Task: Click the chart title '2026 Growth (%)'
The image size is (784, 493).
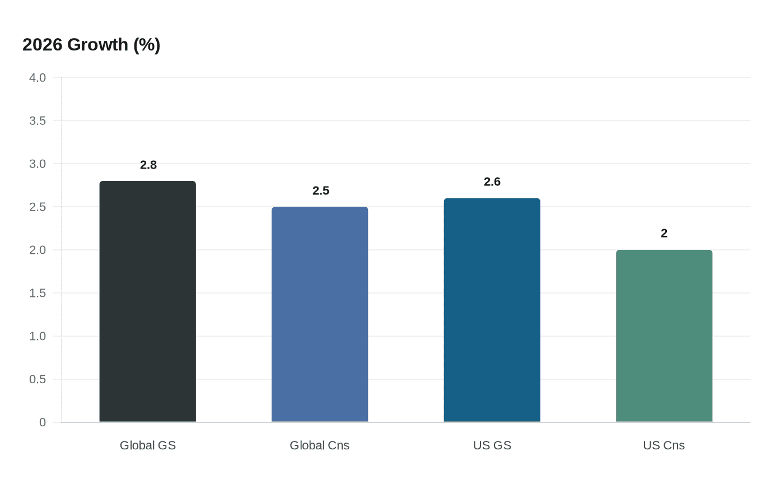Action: tap(91, 45)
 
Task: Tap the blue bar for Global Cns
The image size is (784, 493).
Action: tap(320, 314)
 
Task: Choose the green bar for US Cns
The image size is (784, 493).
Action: tap(664, 336)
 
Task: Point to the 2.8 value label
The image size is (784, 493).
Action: tap(148, 165)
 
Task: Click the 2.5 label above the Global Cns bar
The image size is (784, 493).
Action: tap(321, 191)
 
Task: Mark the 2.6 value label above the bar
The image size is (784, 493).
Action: tap(492, 182)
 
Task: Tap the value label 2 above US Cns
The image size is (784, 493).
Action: tap(664, 234)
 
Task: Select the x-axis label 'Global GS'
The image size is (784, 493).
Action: tap(148, 445)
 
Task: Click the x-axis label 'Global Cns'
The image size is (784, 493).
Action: tap(320, 445)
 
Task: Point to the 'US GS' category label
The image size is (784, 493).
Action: tap(492, 445)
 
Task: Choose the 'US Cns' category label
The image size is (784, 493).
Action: tap(664, 445)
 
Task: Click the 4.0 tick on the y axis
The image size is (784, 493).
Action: tap(38, 78)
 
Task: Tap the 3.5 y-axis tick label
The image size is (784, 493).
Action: tap(38, 121)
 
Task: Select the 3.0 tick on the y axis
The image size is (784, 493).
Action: tap(38, 164)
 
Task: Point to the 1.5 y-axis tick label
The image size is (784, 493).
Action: tap(38, 294)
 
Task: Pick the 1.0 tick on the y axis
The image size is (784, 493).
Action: tap(38, 337)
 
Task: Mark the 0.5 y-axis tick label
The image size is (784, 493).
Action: tap(38, 380)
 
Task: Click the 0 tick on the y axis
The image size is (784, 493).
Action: tap(43, 423)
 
